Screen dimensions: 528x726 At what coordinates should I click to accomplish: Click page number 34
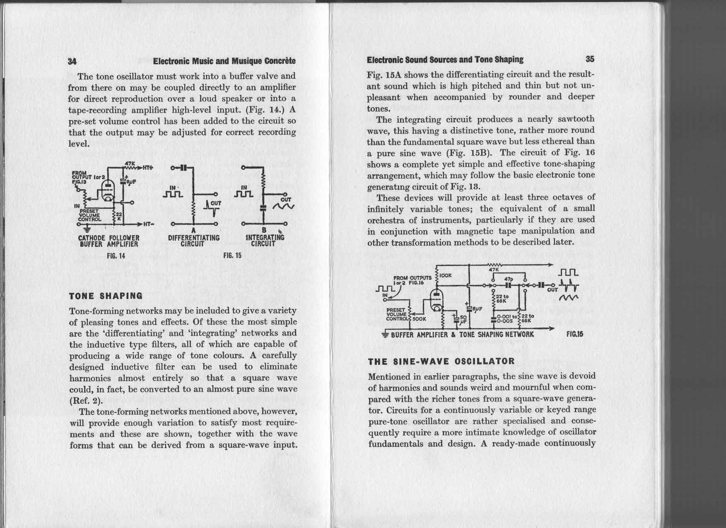coord(72,61)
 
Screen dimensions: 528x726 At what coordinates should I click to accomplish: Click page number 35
coord(590,59)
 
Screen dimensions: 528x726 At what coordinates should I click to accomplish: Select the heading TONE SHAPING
coord(106,296)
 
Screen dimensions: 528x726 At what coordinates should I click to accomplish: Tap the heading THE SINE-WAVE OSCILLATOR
coord(441,361)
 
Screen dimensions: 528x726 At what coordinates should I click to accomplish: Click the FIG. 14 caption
coord(116,256)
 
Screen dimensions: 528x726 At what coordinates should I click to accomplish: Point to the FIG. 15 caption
coord(232,256)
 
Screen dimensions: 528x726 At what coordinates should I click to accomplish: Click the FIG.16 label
coord(575,334)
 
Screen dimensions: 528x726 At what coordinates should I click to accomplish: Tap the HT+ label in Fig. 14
coord(148,168)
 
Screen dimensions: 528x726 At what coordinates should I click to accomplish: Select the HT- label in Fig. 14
coord(148,224)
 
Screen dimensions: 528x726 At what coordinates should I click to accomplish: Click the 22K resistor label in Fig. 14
coord(118,217)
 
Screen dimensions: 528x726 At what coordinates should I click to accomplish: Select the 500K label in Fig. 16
coord(419,319)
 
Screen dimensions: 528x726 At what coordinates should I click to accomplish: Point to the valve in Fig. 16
coord(436,299)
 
